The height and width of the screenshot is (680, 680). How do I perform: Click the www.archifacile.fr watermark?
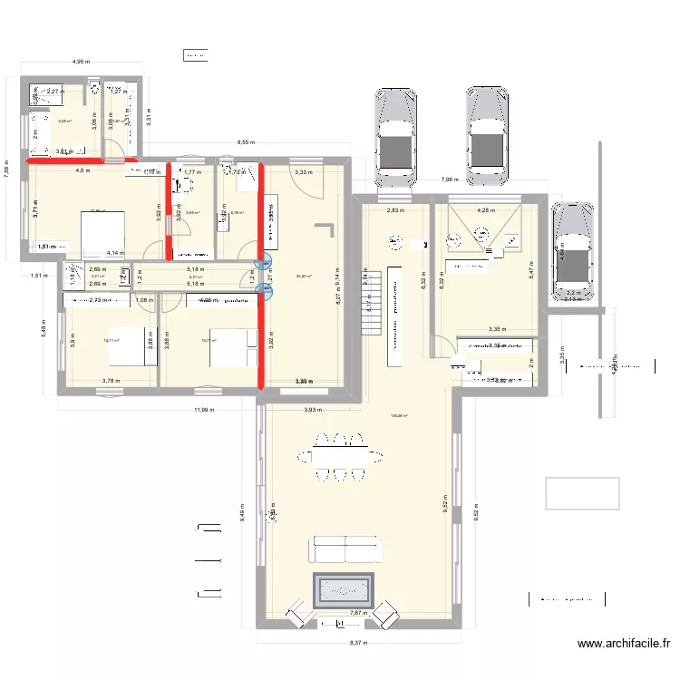coord(624,645)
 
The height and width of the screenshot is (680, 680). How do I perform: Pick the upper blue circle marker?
coord(265,267)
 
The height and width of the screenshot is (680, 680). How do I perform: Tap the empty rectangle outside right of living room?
coord(582,493)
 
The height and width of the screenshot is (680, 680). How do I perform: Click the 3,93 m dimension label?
coord(314,410)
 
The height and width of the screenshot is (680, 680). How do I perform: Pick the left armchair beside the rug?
coord(296,615)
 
